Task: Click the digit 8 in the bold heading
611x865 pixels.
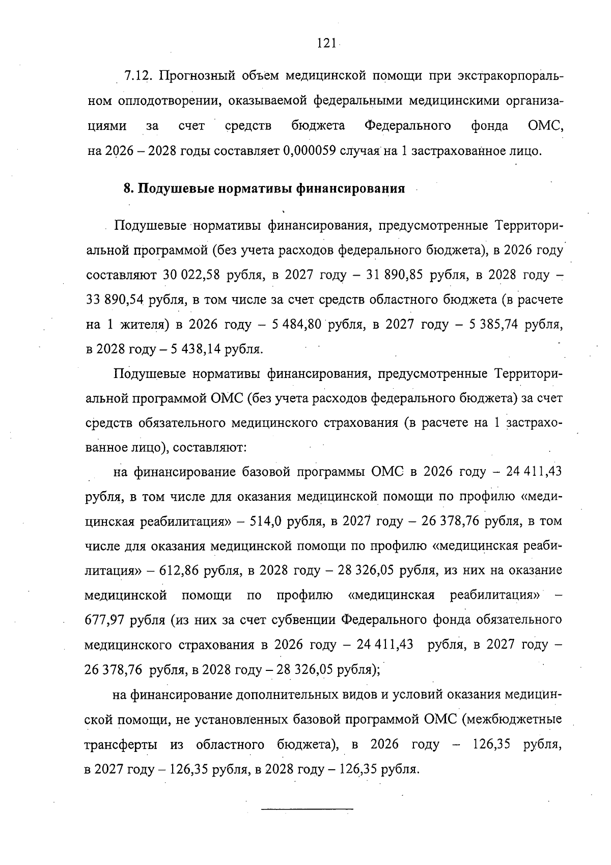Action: pos(127,188)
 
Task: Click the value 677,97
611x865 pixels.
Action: pos(104,620)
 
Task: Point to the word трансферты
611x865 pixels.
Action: pos(121,745)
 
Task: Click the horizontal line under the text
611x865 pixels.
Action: pos(307,808)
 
